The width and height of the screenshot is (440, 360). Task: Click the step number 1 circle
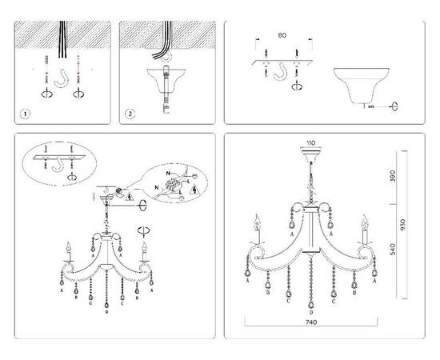point(25,114)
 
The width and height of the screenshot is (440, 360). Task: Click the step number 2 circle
point(130,114)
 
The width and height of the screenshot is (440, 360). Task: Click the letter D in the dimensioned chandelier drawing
point(311,313)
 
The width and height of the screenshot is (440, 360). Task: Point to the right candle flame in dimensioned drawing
point(365,218)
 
